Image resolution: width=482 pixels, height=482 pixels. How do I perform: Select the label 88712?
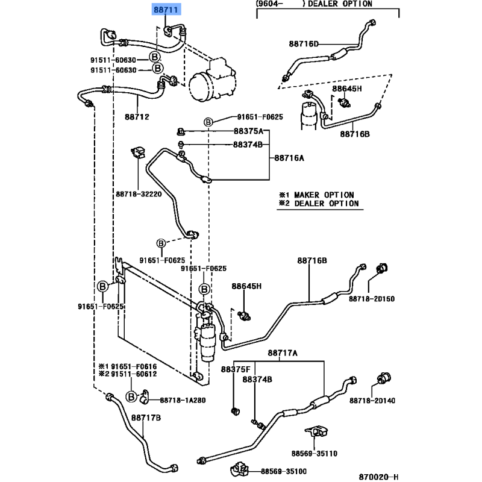coord(137,117)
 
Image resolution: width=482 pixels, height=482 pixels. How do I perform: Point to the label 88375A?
coord(248,132)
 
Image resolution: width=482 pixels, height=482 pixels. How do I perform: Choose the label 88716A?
coord(289,158)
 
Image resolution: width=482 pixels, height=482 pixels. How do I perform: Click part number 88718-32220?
coord(139,194)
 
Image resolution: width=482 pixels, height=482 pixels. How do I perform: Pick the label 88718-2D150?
coord(372,298)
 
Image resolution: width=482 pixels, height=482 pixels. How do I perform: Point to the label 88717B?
coord(146,417)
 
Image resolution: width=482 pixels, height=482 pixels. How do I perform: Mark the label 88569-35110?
coord(315,452)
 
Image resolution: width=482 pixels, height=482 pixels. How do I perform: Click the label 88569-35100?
coord(284,472)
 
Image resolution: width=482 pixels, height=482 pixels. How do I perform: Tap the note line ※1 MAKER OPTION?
coord(316,195)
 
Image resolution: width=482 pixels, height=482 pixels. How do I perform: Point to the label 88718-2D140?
coord(372,401)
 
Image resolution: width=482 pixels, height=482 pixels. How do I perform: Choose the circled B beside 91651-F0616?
coord(131,396)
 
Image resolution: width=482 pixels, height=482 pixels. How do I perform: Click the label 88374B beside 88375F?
coord(257,380)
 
